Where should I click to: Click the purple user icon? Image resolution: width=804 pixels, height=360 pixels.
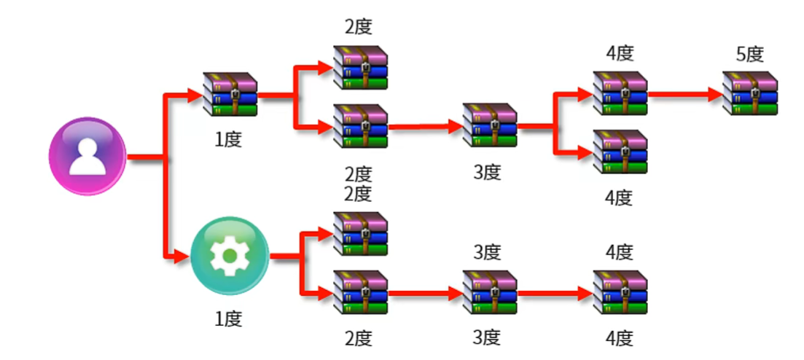pos(87,157)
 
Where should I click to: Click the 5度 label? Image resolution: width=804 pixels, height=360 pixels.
pos(749,54)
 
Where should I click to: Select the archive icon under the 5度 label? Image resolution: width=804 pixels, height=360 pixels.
pos(750,93)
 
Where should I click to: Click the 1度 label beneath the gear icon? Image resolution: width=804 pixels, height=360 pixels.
pos(228,318)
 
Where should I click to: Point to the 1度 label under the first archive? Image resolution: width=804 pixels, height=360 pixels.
pos(228,139)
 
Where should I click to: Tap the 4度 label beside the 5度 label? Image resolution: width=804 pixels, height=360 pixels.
pos(619,54)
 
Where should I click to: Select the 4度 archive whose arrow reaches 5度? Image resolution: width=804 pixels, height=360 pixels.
pos(620,93)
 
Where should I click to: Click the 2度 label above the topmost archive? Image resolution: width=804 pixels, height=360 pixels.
pos(359,28)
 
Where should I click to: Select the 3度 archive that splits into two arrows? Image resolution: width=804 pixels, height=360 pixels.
pos(490,126)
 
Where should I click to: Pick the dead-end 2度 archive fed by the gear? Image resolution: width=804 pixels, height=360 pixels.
pos(360,234)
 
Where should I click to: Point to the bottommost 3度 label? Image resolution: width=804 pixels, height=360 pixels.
pos(487,337)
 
